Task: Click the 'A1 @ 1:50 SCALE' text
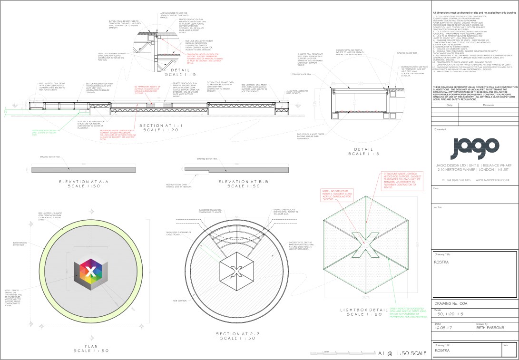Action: tap(402, 353)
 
